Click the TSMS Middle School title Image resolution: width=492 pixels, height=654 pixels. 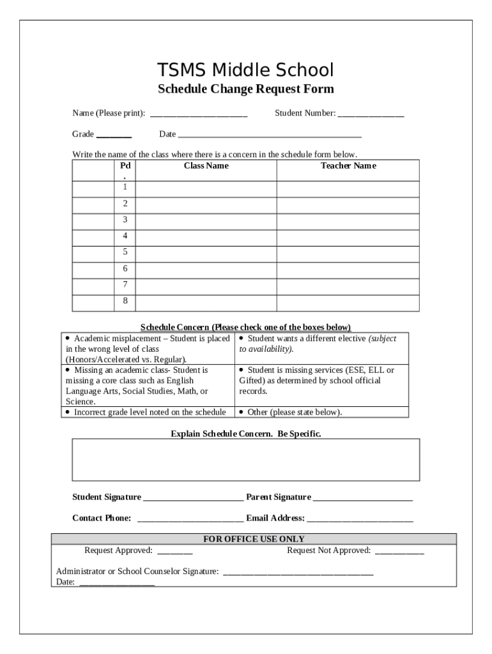[x=246, y=70]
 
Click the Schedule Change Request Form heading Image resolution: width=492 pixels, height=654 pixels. [x=246, y=89]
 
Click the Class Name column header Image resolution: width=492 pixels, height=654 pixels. [x=206, y=166]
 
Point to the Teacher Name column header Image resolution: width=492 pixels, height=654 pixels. [x=348, y=166]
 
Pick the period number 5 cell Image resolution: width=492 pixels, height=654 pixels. [x=125, y=252]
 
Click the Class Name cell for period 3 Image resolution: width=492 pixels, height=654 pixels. [x=206, y=220]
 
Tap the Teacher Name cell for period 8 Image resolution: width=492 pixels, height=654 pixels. [x=348, y=301]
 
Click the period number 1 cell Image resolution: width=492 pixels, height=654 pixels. [x=125, y=187]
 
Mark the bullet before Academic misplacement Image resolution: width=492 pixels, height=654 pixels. [x=68, y=338]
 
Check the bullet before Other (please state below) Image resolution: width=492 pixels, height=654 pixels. [x=242, y=412]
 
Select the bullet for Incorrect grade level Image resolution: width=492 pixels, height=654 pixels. [x=68, y=412]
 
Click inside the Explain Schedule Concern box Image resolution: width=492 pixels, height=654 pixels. [x=246, y=459]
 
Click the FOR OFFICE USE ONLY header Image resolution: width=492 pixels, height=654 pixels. [x=254, y=539]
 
